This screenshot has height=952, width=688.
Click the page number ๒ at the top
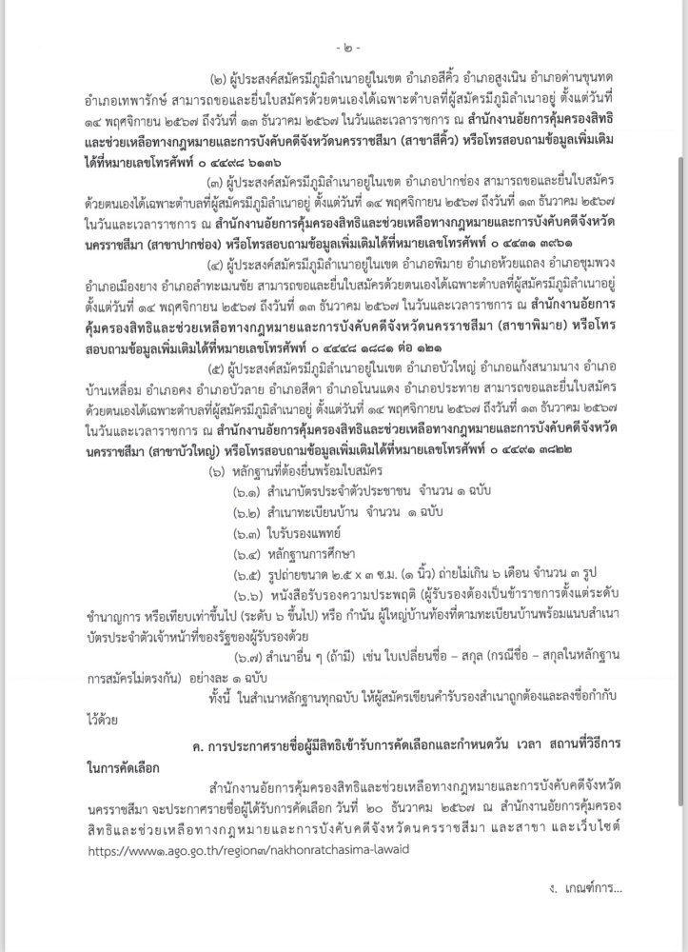pos(344,45)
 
